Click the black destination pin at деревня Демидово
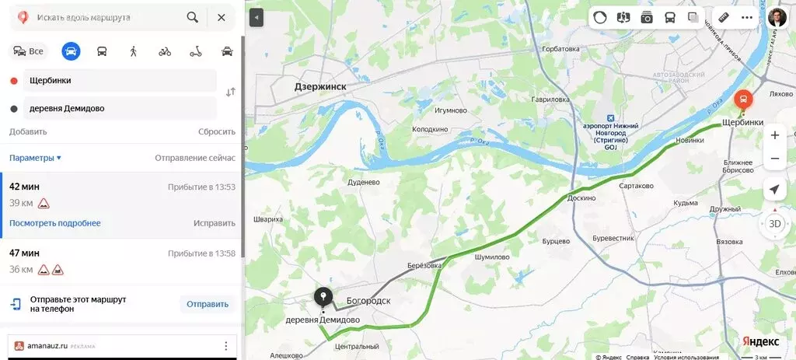click(x=323, y=296)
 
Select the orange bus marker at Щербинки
click(x=743, y=100)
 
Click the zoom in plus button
click(x=774, y=135)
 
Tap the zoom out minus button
click(x=774, y=159)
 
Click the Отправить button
click(x=208, y=304)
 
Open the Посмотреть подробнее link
click(x=55, y=223)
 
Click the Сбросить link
click(x=216, y=132)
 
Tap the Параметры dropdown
click(x=35, y=158)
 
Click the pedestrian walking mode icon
click(x=134, y=52)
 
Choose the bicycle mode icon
click(x=165, y=52)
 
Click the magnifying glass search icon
click(x=193, y=17)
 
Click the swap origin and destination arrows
click(x=230, y=93)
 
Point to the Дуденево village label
click(x=363, y=183)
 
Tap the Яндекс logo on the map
click(x=760, y=342)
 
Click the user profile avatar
click(x=777, y=17)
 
